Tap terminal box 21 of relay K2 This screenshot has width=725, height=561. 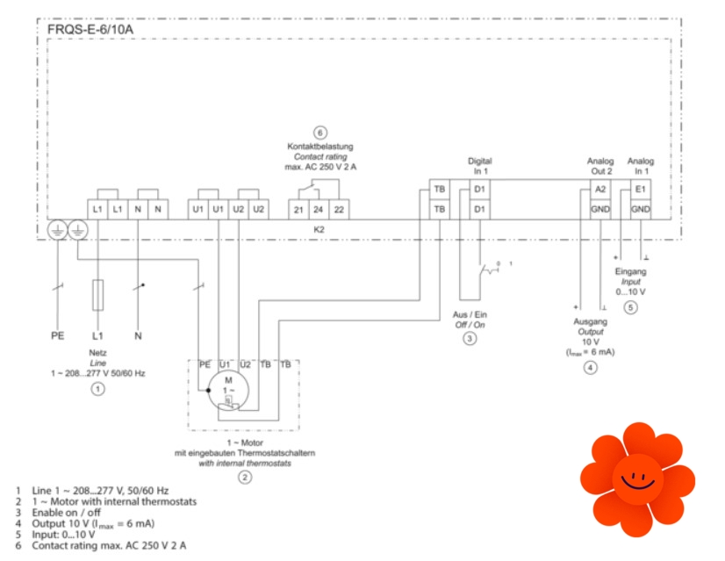pyautogui.click(x=298, y=210)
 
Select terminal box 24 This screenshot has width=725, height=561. pyautogui.click(x=319, y=210)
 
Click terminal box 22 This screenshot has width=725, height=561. pyautogui.click(x=339, y=210)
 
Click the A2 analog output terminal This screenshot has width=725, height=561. pyautogui.click(x=600, y=190)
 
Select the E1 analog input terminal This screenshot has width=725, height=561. pyautogui.click(x=641, y=190)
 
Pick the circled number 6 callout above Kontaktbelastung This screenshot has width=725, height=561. pyautogui.click(x=320, y=133)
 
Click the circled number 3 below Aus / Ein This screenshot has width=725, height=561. pyautogui.click(x=470, y=339)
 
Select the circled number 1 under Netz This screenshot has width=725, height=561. pyautogui.click(x=98, y=387)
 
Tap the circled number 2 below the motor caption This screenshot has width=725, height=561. pyautogui.click(x=245, y=477)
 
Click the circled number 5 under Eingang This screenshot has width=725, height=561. pyautogui.click(x=630, y=307)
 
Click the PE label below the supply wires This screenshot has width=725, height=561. pyautogui.click(x=58, y=335)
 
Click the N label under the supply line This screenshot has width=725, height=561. pyautogui.click(x=139, y=335)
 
